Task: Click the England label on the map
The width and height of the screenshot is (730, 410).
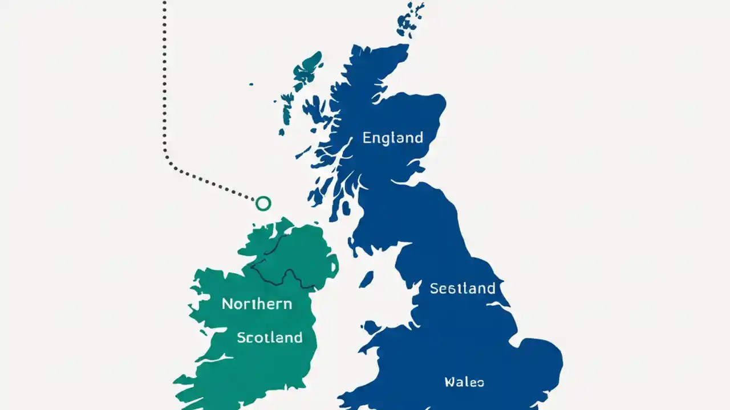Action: pyautogui.click(x=392, y=137)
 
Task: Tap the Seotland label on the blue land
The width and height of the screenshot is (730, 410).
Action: pyautogui.click(x=462, y=288)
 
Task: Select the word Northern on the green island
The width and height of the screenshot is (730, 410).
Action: pyautogui.click(x=257, y=304)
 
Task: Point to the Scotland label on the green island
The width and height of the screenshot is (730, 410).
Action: pyautogui.click(x=269, y=337)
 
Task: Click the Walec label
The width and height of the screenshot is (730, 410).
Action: pyautogui.click(x=464, y=382)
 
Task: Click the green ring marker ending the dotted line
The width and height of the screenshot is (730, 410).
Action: pyautogui.click(x=263, y=203)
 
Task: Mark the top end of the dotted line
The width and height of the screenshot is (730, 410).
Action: pyautogui.click(x=164, y=3)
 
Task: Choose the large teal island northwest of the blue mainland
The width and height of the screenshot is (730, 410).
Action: pyautogui.click(x=307, y=67)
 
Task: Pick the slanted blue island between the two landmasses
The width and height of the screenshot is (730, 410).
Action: pyautogui.click(x=366, y=278)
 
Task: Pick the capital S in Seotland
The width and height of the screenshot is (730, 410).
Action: pyautogui.click(x=434, y=288)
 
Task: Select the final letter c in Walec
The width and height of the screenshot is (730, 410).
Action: pyautogui.click(x=480, y=383)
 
